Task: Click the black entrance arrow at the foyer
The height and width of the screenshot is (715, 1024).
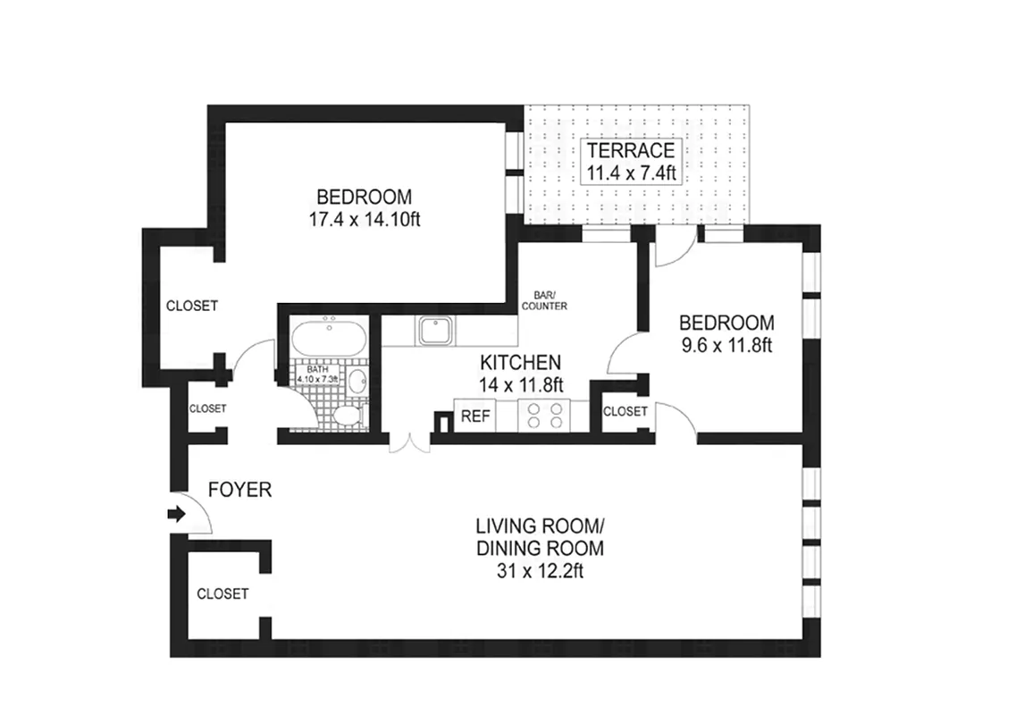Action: point(175,514)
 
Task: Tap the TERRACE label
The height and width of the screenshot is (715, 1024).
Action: point(631,150)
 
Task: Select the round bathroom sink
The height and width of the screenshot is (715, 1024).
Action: point(357,383)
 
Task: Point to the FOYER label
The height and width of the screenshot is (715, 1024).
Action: point(239,490)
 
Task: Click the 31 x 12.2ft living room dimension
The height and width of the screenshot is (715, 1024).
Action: point(539,570)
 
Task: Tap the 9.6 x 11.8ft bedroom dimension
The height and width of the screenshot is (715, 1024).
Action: point(726,345)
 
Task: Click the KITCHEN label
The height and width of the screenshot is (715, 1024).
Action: point(521,363)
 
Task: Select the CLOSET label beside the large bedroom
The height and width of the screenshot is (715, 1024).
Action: point(192,306)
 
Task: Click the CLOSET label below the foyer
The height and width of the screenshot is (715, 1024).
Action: point(222,593)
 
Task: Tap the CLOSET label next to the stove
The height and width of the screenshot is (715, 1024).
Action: point(625,411)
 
